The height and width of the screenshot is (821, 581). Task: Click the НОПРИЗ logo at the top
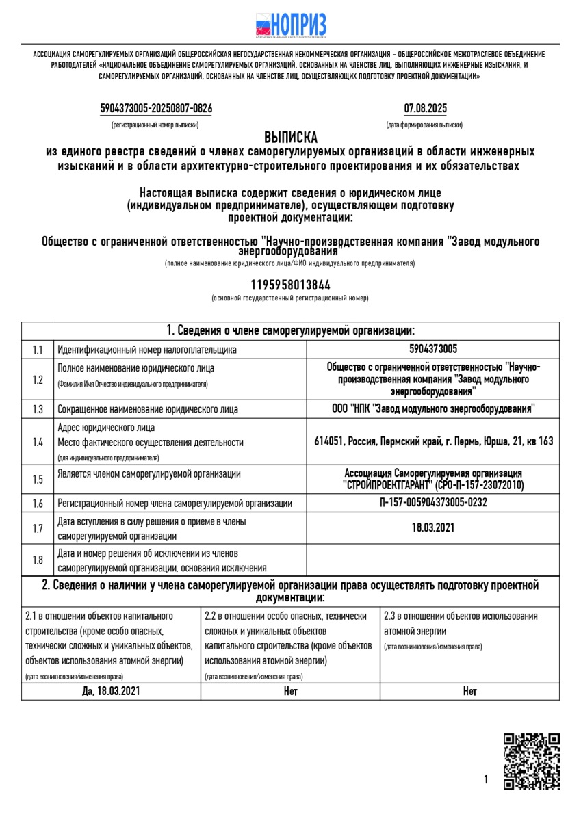(291, 25)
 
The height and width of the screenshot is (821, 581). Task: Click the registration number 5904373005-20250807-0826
(155, 108)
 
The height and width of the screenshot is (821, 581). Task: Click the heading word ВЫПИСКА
(291, 138)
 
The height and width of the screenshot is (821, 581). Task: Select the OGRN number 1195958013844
(291, 285)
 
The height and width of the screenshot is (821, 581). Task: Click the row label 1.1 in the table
(38, 350)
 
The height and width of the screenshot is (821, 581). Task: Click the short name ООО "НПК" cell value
(433, 408)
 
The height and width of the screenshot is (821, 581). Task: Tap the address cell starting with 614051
(433, 441)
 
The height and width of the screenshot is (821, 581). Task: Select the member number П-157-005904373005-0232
(433, 503)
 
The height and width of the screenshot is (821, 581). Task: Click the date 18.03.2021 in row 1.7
(433, 527)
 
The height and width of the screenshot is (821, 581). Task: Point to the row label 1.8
(38, 560)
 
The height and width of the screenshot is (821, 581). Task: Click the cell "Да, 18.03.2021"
(111, 691)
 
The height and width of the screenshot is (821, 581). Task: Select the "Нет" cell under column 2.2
(290, 691)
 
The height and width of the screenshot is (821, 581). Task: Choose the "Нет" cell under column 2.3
(469, 691)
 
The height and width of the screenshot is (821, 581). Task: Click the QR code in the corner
(532, 761)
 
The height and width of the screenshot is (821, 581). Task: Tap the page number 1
(485, 779)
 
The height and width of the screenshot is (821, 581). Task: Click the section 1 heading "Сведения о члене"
(291, 330)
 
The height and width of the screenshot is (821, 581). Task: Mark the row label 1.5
(38, 479)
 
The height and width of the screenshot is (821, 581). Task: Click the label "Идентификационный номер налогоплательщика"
(147, 350)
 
